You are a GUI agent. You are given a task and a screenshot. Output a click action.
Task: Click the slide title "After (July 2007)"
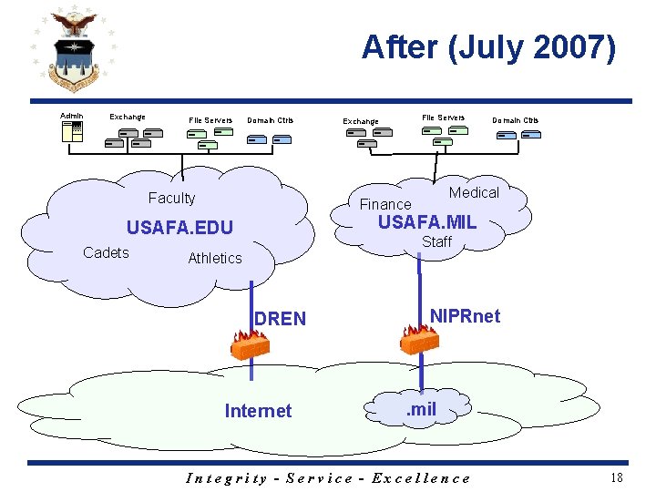(x=488, y=47)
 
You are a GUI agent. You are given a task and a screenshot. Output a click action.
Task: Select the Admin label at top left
(x=71, y=116)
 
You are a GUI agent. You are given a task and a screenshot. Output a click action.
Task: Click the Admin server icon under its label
(x=72, y=132)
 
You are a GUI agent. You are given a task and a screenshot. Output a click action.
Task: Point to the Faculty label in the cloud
(x=171, y=199)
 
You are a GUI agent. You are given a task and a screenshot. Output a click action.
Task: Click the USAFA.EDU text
(x=179, y=228)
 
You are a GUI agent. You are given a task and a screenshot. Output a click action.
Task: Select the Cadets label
(x=106, y=252)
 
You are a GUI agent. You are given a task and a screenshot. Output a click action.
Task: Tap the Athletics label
(x=215, y=258)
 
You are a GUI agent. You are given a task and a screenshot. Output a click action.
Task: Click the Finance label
(x=385, y=204)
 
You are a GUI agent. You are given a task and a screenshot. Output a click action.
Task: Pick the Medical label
(x=474, y=192)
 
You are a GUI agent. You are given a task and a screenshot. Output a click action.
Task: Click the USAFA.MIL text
(x=427, y=222)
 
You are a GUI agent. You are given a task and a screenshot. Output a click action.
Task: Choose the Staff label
(x=436, y=241)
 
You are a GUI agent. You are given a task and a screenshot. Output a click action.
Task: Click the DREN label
(x=281, y=319)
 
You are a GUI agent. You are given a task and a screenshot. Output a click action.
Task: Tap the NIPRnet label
(x=465, y=316)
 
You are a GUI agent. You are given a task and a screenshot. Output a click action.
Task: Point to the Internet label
(x=258, y=411)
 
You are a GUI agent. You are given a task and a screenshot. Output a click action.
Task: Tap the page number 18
(x=617, y=477)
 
